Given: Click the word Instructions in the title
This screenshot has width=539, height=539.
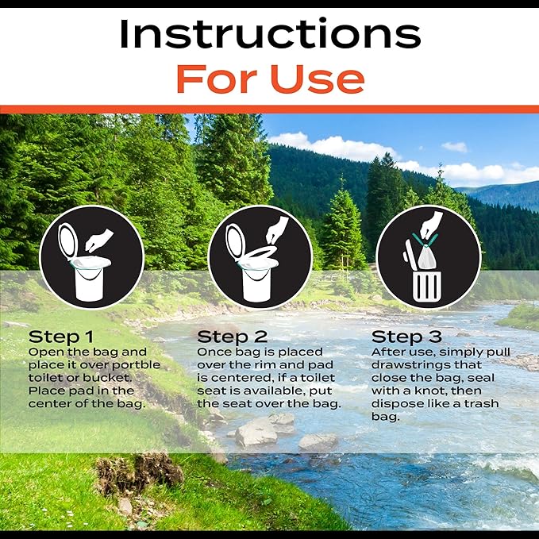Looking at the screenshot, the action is [270, 34].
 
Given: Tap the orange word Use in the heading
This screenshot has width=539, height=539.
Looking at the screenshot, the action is [318, 79].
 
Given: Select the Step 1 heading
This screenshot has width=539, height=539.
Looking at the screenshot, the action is [61, 337].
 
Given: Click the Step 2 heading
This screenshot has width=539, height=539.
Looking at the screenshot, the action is [232, 337].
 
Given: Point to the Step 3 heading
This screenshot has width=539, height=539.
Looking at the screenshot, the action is [406, 337].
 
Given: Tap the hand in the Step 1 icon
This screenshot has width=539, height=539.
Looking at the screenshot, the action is [99, 240].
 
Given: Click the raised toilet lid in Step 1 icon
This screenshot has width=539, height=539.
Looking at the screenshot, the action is [68, 241].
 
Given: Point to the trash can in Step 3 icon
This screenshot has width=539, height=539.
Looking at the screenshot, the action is [427, 287].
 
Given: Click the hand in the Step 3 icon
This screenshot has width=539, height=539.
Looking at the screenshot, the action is [432, 225].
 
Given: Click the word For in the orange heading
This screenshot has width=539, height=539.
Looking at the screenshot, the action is [217, 79].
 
